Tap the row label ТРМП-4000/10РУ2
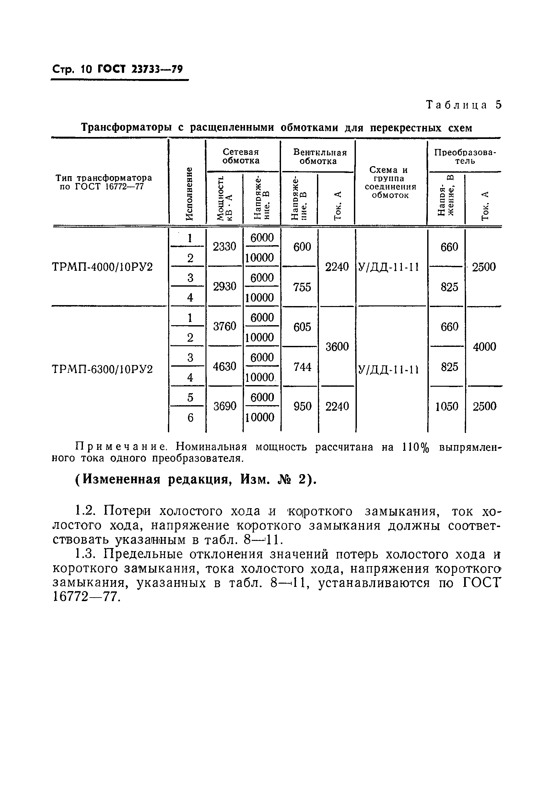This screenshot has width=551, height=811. coord(102,267)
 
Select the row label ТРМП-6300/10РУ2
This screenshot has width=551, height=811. coord(102,369)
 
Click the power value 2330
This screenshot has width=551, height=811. coord(225,247)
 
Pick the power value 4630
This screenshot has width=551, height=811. coord(225,366)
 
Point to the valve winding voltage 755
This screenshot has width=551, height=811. coord(302,287)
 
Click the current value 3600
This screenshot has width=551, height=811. coord(337,347)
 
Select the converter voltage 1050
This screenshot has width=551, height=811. coord(447,406)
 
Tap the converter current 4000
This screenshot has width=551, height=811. coord(484,347)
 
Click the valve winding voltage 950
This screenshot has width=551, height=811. coord(302,406)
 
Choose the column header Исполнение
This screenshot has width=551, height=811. coord(189,194)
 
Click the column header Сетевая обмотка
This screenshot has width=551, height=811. coord(241,156)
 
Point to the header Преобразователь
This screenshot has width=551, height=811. coord(465,156)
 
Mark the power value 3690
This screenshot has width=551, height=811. coord(225,406)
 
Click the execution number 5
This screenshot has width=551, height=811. coord(190,397)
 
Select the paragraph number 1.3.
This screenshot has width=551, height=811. coord(85,554)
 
